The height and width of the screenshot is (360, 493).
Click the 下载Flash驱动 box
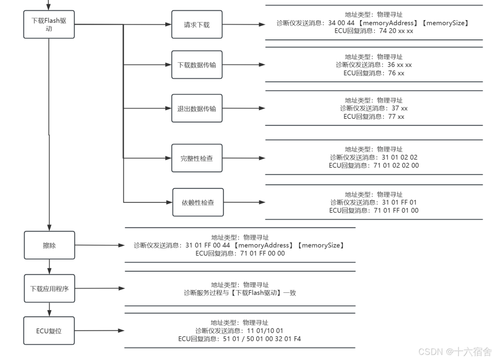pos(49,24)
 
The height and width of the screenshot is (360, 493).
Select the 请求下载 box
pos(197,25)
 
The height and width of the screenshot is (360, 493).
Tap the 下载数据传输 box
pos(197,65)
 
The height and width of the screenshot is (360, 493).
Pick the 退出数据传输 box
pos(197,109)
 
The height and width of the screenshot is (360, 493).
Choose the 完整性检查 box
pos(197,159)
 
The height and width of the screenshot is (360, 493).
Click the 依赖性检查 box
pos(198,202)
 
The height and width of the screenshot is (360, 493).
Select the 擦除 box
pos(49,245)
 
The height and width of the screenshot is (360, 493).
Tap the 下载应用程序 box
pos(49,289)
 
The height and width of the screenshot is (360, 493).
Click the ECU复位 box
pos(49,331)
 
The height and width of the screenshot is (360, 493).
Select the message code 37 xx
pos(399,108)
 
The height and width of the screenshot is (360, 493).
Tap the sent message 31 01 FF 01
pos(399,202)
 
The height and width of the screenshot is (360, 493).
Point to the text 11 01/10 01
pos(266,331)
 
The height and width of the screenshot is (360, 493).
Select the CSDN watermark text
pos(455,352)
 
